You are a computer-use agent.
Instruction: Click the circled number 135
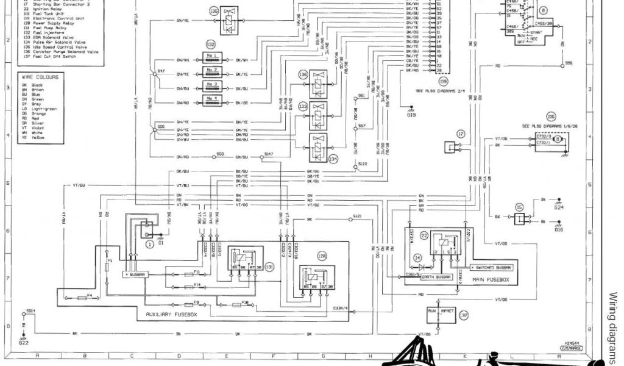coord(213,11)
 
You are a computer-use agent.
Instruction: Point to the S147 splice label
coord(269,154)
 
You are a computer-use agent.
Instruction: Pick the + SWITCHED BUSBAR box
coord(491,268)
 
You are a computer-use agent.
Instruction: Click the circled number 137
coord(464,315)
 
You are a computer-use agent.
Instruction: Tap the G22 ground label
coord(23,343)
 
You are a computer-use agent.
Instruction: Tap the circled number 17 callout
coord(461,133)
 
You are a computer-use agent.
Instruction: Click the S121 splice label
coord(357,217)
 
